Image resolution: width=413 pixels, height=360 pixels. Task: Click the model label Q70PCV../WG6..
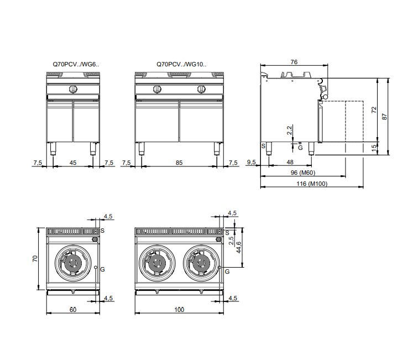click(76, 64)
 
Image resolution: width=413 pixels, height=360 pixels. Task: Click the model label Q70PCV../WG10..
click(181, 64)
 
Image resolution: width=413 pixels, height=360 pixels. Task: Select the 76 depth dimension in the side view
click(294, 62)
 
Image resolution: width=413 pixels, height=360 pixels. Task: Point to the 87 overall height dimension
click(385, 117)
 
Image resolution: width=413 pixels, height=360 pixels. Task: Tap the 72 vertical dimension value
click(374, 110)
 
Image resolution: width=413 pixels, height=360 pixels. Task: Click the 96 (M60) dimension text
click(303, 173)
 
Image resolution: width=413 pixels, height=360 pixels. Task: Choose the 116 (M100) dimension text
click(312, 184)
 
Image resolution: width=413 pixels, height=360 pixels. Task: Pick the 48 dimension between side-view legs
click(290, 162)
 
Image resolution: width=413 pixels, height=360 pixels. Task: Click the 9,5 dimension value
click(251, 162)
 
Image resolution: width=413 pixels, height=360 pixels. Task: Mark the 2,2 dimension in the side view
click(289, 130)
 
